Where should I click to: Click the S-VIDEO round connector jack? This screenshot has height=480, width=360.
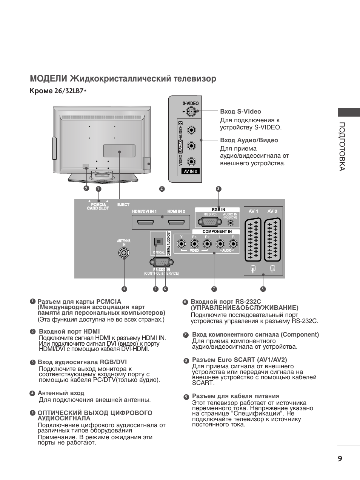tap(191, 112)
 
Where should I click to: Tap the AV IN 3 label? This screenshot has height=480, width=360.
tap(191, 171)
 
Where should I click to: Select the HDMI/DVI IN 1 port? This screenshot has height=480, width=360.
tap(145, 223)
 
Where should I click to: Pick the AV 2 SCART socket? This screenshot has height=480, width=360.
tap(272, 240)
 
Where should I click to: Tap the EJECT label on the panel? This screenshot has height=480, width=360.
tap(123, 205)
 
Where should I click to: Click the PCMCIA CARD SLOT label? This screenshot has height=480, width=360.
tap(98, 206)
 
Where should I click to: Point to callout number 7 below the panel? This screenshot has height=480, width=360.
tap(214, 289)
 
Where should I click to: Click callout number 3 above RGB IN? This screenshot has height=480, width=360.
tap(218, 189)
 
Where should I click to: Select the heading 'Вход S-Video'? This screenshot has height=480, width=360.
tap(240, 111)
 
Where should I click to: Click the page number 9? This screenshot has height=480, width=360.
tap(340, 458)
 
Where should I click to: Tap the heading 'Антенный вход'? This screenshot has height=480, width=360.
tap(61, 393)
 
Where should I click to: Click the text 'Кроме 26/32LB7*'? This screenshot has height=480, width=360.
tap(58, 91)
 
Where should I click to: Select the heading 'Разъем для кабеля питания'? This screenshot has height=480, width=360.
tap(235, 396)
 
